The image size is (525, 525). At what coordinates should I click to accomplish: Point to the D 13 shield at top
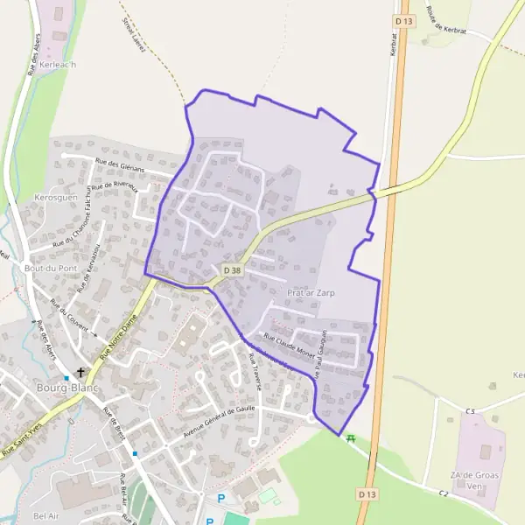coord(402,20)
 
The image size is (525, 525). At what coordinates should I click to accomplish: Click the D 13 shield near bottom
coord(367,494)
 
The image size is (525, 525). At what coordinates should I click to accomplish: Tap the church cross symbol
coord(81,373)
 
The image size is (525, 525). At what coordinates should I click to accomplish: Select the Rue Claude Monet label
coord(289,345)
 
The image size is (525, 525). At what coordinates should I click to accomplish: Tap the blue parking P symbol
coord(220,498)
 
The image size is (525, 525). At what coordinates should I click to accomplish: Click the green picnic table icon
coord(351,438)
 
